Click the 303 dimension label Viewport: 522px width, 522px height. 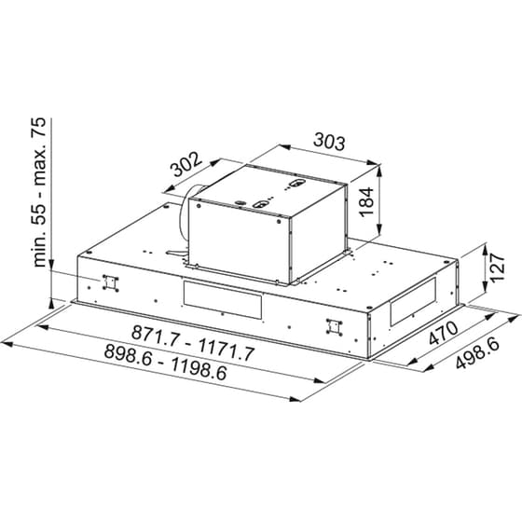coord(328,143)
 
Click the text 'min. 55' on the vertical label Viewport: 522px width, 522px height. coord(40,237)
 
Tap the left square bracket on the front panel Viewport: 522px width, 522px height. coord(111,282)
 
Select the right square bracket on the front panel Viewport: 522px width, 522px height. coord(329,326)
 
